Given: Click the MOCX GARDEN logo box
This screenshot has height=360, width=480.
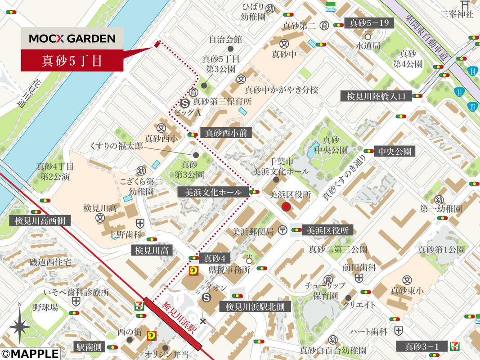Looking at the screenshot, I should [72, 39].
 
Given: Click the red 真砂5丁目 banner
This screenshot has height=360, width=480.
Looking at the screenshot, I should [72, 61].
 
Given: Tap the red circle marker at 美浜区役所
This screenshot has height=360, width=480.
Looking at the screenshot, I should [286, 207].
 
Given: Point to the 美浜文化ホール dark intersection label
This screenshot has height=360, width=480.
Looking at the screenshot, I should [213, 192].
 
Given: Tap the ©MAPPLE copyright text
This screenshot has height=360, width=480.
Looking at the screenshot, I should [30, 354].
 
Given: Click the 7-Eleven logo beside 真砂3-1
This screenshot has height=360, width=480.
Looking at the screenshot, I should [457, 346].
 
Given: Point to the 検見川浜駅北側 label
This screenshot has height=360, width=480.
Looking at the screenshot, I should [255, 307].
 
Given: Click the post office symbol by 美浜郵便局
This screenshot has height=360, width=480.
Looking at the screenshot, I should [282, 230].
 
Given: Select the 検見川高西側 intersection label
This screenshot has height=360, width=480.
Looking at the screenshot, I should [40, 220].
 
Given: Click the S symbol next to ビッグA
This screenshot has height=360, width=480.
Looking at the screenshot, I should [183, 103].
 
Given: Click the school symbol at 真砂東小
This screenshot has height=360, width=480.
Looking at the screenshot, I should [407, 279].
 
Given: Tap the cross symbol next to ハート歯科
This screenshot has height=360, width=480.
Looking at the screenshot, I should [398, 331].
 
